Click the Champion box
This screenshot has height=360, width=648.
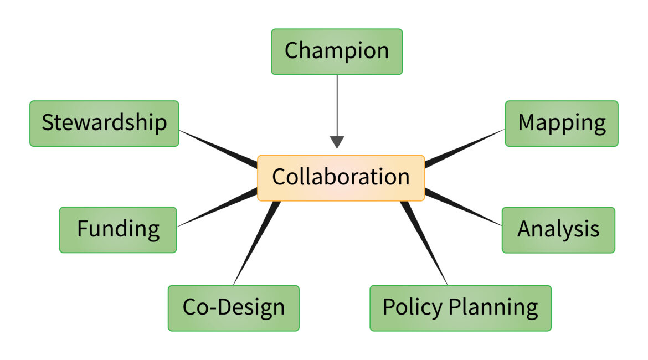tap(337, 52)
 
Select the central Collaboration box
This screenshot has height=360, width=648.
tap(341, 178)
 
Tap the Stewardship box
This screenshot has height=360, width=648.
tap(104, 124)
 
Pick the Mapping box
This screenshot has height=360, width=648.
tap(562, 124)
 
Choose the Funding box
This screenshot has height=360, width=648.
tap(118, 230)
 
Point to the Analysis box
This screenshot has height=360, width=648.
tap(558, 230)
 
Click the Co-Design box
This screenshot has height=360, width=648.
tap(234, 308)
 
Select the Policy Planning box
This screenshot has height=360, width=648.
tap(460, 308)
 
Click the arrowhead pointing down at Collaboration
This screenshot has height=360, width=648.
tap(337, 142)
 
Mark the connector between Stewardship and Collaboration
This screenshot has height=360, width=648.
tap(218, 149)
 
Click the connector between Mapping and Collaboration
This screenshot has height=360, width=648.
tap(465, 148)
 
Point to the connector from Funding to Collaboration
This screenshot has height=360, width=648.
tap(217, 207)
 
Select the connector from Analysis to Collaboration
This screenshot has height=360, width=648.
tap(463, 207)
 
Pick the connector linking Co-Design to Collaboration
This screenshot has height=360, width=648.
tap(257, 243)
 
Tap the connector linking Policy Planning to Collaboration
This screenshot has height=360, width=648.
tap(424, 243)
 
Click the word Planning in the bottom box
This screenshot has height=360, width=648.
tap(493, 308)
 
